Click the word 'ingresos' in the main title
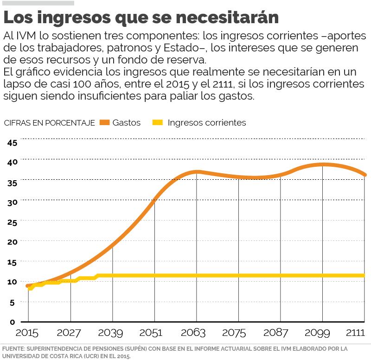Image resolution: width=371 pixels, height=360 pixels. point(77,18)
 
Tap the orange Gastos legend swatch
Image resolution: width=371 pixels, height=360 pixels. point(104,123)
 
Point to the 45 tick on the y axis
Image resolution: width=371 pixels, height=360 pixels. point(13,142)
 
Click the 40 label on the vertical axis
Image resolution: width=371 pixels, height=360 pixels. point(13,162)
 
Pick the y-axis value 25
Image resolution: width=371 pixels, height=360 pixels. point(13,222)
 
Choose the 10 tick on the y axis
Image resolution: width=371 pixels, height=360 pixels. point(13,282)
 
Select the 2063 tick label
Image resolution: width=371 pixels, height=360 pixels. point(196,333)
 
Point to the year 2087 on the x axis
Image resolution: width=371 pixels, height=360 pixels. point(280,333)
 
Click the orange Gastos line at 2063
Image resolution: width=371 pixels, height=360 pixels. point(197,172)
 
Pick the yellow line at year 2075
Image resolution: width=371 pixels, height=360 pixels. point(238,276)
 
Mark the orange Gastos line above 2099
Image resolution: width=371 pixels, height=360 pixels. point(322,164)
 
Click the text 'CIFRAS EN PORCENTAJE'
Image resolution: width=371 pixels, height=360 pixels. point(49,123)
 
